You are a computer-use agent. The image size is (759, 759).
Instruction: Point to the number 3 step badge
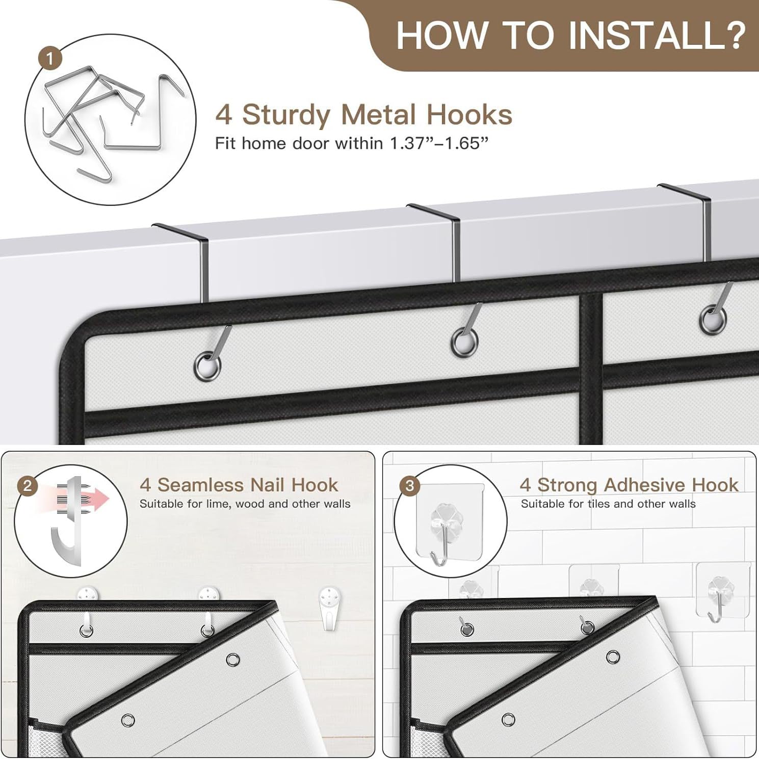410,486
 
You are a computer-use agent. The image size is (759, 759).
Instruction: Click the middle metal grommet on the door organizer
464,341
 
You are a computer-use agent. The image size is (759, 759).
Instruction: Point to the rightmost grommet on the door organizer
713,319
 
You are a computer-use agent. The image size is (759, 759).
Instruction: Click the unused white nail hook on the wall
329,608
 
